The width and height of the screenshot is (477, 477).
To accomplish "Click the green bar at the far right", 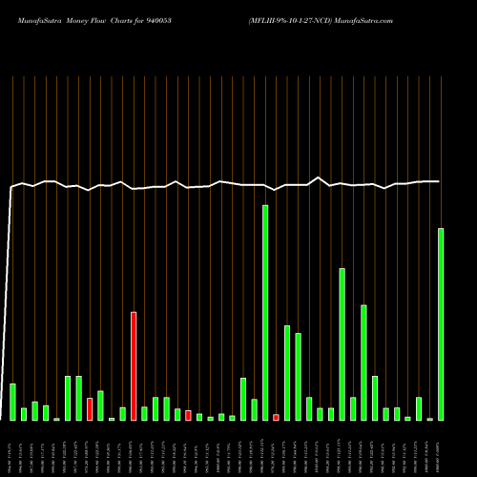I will point(441,324).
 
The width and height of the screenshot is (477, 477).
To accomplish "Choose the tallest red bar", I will point(134,366).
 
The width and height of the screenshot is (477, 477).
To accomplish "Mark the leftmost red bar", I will point(90,409).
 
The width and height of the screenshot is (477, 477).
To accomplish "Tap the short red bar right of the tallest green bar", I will point(277,417).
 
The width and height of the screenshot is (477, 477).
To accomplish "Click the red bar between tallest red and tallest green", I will point(188,415).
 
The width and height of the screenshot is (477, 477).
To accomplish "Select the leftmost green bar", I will point(12,402).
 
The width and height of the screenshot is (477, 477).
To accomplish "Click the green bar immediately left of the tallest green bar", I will point(255,409).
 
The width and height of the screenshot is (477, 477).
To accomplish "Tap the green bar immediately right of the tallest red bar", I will point(144,413).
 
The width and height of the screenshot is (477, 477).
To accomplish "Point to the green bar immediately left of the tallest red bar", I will point(122,413).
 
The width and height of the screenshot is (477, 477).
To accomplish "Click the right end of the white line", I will point(439,181).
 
